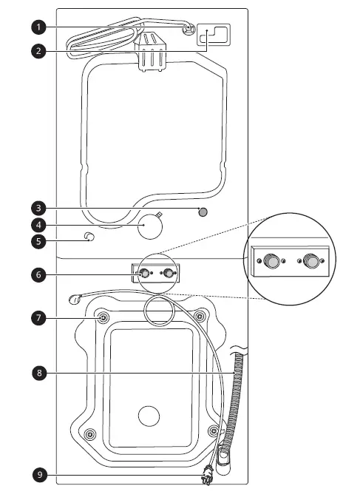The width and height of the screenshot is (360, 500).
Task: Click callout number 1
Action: pos(39,27)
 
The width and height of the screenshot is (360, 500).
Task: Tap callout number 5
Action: pos(39,240)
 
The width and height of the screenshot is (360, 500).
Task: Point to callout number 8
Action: pos(39,374)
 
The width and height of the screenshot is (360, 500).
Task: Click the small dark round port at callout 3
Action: pos(204,212)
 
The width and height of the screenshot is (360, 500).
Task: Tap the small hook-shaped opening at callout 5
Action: pos(90,237)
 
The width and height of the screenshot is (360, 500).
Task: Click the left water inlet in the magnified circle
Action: pos(272,261)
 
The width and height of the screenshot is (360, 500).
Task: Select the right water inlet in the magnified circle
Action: pos(310,261)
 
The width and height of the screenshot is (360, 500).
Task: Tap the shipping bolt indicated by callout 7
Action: pos(103,317)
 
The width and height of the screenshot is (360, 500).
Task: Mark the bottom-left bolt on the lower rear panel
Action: pos(90,433)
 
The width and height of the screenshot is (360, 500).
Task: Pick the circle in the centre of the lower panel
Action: pos(149,416)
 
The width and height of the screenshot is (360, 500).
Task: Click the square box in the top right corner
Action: pos(214,36)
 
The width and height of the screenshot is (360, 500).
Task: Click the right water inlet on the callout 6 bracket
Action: pos(171,274)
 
